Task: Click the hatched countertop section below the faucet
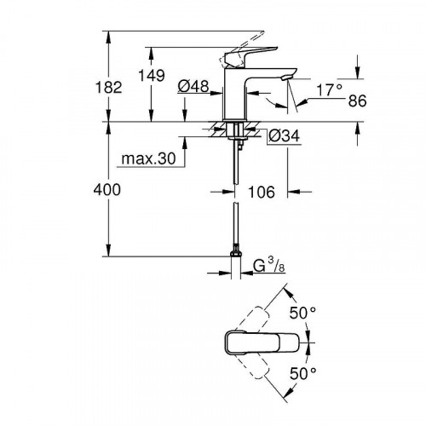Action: click(213, 130)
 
